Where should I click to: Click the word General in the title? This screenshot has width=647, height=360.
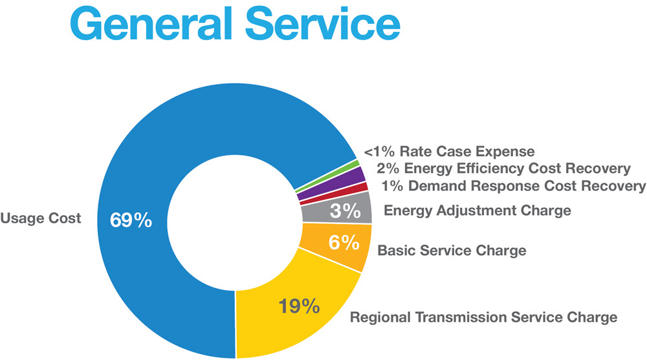tap(152, 25)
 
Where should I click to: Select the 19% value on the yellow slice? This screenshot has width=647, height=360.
tap(298, 304)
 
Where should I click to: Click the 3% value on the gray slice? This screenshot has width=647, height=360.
tap(344, 210)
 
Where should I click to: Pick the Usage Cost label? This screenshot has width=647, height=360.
tap(41, 218)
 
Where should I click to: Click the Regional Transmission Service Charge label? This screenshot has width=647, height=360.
tap(483, 317)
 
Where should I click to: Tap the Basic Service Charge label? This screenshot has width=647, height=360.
tap(452, 249)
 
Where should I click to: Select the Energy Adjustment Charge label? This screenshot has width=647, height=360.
tap(477, 210)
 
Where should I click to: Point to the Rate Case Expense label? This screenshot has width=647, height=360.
tap(467, 152)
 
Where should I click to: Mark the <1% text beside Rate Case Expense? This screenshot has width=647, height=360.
tap(380, 152)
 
